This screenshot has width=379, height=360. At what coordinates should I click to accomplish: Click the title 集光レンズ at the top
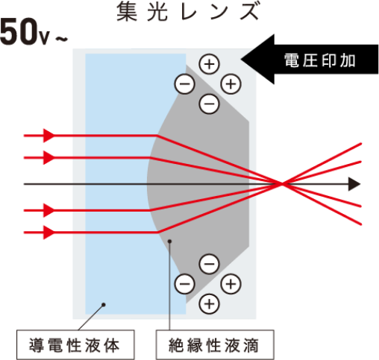tap(188, 11)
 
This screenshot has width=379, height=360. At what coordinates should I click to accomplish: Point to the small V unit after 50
tap(44, 38)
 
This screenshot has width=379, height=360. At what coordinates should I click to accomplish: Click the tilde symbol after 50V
tap(61, 39)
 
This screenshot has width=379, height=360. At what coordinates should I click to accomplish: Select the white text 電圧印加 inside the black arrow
tap(320, 60)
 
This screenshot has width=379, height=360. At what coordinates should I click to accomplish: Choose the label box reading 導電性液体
tap(75, 345)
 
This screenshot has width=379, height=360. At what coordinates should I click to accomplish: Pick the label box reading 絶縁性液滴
tap(215, 345)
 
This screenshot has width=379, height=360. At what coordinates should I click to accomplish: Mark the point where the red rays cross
tap(282, 184)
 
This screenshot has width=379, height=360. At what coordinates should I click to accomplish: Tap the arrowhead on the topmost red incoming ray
tap(49, 136)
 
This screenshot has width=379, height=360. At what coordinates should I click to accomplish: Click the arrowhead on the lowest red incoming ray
tap(49, 233)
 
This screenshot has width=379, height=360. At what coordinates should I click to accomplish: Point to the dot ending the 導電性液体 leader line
tap(104, 305)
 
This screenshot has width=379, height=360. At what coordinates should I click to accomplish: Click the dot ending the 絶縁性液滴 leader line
tap(169, 241)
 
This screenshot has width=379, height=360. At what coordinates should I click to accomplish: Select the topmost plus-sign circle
tap(210, 64)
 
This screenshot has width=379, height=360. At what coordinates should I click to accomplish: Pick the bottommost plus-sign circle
tap(210, 304)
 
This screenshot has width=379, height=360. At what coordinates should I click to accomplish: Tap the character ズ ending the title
tap(250, 11)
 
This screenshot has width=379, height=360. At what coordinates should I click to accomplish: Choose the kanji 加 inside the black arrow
tap(348, 60)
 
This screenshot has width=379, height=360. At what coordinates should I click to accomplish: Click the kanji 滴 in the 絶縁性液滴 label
tap(251, 345)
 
